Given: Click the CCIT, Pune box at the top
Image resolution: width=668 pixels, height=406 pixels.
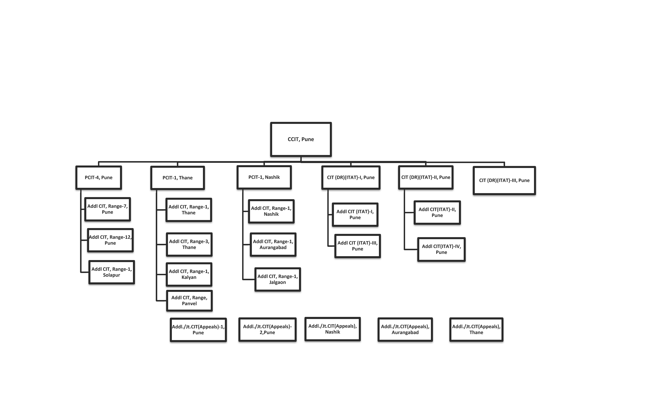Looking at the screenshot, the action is tap(301, 139).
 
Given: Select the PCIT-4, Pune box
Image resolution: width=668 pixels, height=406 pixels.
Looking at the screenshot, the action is tap(99, 178).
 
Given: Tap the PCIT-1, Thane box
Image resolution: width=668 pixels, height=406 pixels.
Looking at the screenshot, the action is tap(178, 178).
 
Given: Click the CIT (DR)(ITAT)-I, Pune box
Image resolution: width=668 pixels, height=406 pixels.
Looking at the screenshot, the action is tap(351, 178).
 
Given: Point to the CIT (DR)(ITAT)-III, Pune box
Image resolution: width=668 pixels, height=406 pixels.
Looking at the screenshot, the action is tap(504, 180).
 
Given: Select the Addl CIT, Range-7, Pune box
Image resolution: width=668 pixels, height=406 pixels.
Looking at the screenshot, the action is tap(108, 209).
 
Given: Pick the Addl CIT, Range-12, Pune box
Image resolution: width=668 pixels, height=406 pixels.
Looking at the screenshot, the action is tap(110, 240).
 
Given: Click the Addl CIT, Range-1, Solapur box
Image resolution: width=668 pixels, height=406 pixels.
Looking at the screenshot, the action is tap(112, 272).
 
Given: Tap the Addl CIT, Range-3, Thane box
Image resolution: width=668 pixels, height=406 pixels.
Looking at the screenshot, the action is tap(189, 245).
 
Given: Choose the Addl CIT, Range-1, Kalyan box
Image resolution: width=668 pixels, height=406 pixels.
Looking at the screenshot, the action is tap(189, 274).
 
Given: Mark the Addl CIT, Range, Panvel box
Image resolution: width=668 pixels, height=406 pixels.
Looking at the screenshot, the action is tap(189, 301).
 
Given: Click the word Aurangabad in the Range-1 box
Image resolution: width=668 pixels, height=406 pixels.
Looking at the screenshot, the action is tap(273, 248).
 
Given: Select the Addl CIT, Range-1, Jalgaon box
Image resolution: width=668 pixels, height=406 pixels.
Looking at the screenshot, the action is tap(278, 280).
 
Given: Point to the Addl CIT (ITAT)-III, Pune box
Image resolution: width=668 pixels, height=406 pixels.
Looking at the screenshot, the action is tap(358, 246).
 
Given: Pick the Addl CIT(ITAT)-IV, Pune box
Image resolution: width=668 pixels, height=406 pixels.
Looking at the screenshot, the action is tap(441, 249).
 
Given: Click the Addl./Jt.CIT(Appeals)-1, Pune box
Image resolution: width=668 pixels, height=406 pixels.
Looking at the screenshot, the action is tap(198, 330).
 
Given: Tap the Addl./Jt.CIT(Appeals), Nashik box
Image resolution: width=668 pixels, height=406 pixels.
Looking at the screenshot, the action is tap(333, 329).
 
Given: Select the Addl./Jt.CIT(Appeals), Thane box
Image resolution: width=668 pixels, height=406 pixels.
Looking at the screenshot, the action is tap(476, 329).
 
